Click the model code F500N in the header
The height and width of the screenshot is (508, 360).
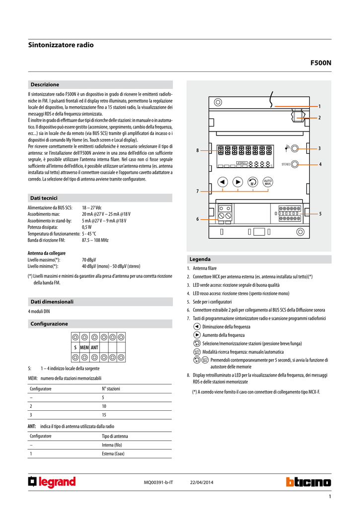click(320, 63)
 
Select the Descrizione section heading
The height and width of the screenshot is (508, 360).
click(45, 85)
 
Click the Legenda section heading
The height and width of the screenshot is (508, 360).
click(200, 259)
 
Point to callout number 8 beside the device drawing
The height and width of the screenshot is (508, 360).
click(197, 150)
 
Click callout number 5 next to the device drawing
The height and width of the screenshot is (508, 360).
click(320, 213)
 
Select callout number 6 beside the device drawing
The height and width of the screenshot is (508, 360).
click(197, 219)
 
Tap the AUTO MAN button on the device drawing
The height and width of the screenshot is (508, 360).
click(268, 182)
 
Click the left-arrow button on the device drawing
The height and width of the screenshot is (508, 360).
click(222, 182)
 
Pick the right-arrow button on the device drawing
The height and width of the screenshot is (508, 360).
click(237, 182)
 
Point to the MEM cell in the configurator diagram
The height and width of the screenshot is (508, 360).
click(84, 347)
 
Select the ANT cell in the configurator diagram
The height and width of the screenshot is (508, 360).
click(94, 347)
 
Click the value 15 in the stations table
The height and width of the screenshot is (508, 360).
click(104, 415)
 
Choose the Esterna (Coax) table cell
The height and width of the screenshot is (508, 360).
click(113, 453)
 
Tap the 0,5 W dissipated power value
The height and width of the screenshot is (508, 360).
click(87, 227)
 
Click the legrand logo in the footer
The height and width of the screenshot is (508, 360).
click(52, 482)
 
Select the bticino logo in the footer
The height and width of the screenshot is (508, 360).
click(308, 482)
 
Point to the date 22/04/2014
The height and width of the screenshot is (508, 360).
click(202, 483)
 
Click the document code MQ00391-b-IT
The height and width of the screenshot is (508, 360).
click(158, 483)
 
